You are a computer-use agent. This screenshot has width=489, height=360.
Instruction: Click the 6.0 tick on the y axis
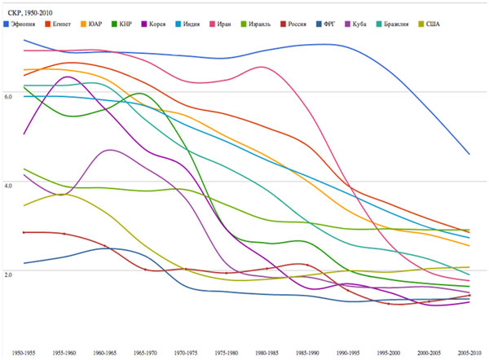[x=9, y=96]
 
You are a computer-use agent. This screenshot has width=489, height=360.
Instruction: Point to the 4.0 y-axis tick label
[x=9, y=186]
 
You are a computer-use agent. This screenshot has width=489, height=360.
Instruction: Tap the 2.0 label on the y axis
[x=9, y=274]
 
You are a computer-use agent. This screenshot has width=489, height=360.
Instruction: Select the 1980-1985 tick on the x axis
[x=262, y=353]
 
